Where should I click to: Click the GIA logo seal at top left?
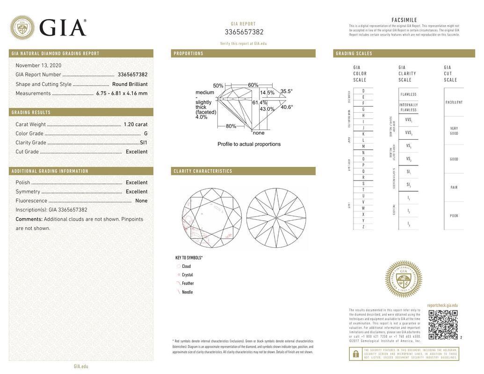click(x=22, y=28)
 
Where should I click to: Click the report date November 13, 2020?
click(x=38, y=65)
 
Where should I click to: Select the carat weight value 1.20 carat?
click(x=135, y=124)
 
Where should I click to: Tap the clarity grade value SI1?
click(x=143, y=143)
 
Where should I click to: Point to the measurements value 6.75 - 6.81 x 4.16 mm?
click(x=122, y=93)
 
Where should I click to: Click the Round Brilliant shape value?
click(x=130, y=84)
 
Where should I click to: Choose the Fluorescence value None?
click(x=141, y=201)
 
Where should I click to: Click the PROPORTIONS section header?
click(x=188, y=54)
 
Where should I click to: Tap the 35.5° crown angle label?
click(x=286, y=92)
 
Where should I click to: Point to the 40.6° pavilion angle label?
click(x=286, y=107)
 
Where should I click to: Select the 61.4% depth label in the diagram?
click(x=260, y=102)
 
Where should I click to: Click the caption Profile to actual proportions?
click(x=249, y=144)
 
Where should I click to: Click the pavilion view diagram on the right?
click(x=276, y=218)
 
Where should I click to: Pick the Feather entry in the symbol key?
click(x=188, y=283)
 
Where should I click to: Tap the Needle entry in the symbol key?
click(x=187, y=292)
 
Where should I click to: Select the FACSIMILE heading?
click(x=404, y=20)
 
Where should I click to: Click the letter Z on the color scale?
click(x=363, y=227)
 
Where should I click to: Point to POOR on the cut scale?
click(x=454, y=216)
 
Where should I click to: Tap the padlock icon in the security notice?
click(x=355, y=354)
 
